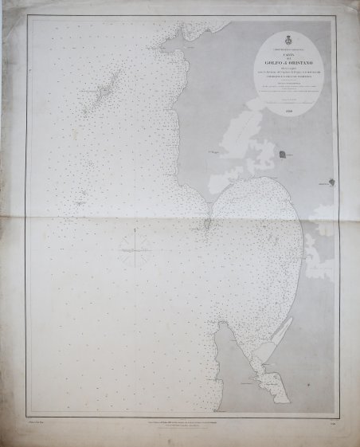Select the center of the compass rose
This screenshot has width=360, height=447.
click(x=137, y=251)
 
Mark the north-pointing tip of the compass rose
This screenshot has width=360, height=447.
click(x=137, y=231)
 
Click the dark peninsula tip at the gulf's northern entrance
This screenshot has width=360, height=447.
click(x=206, y=226)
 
